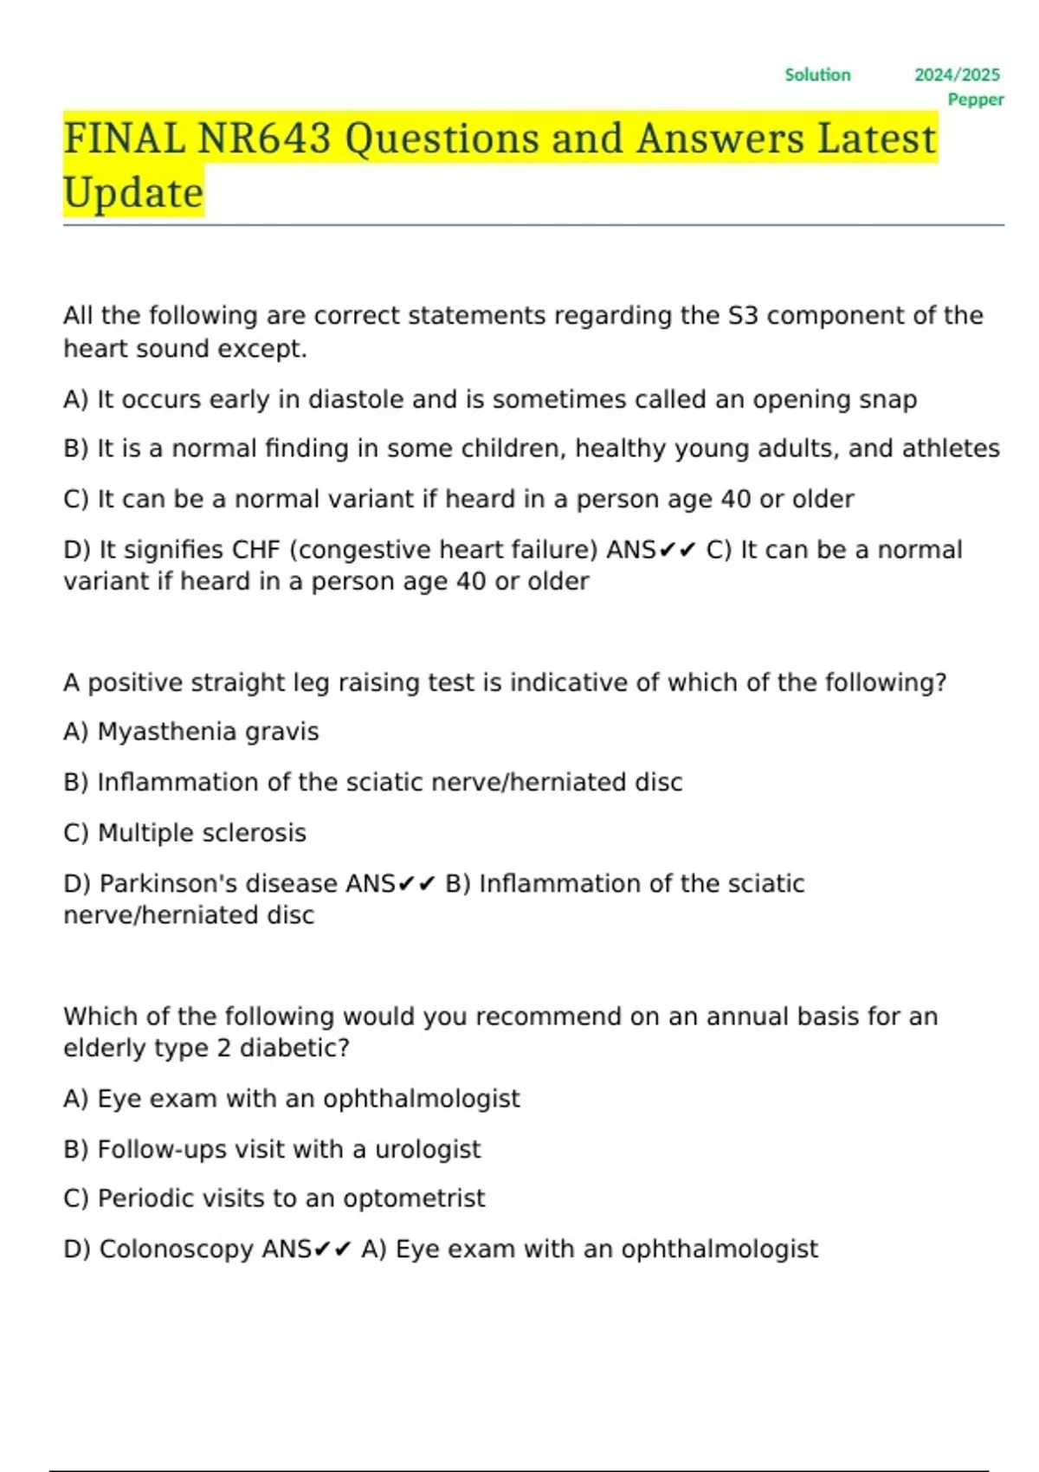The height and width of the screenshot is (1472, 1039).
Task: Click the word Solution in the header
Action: click(817, 75)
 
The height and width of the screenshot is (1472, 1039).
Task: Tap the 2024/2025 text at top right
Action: click(957, 75)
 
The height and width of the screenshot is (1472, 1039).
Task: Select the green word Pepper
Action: click(976, 100)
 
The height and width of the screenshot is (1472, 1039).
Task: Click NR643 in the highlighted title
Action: click(264, 139)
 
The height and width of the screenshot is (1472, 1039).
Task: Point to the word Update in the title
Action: click(133, 192)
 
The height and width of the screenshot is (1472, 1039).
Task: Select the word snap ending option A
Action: click(887, 399)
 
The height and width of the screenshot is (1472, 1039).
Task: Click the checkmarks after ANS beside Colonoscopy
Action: click(332, 1249)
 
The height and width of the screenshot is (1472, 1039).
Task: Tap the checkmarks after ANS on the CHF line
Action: click(677, 550)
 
